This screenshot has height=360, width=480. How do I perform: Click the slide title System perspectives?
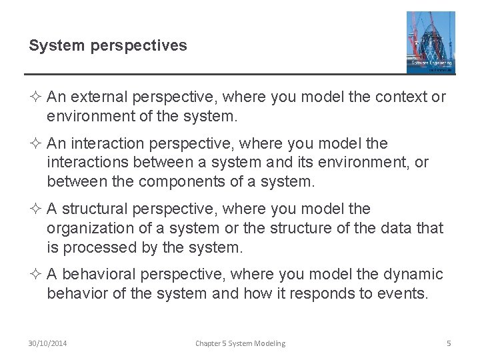108,45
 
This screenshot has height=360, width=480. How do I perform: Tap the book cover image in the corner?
431,42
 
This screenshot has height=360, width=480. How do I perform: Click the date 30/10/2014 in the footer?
47,343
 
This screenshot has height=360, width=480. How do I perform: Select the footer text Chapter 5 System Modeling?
240,343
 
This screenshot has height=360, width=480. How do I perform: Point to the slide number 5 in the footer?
449,343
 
